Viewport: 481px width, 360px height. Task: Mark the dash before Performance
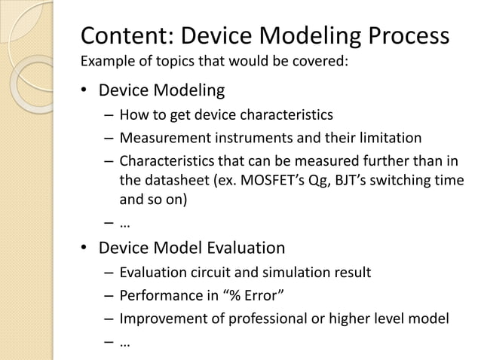coord(109,296)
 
